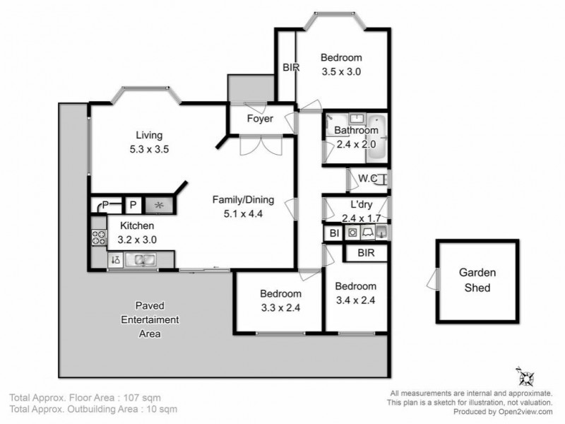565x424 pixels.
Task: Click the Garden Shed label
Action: pos(478,280)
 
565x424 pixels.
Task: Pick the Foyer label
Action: pos(259,119)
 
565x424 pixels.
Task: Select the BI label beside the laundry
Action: pos(333,232)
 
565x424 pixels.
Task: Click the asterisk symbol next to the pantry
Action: pos(159,205)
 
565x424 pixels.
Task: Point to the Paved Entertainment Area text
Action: pos(149,319)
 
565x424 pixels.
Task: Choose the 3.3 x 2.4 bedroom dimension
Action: pos(280,307)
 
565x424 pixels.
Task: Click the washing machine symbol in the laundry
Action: pos(351,232)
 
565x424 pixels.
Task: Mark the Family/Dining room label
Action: pos(244,200)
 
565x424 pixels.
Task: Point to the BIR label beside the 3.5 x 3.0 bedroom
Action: pos(291,68)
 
